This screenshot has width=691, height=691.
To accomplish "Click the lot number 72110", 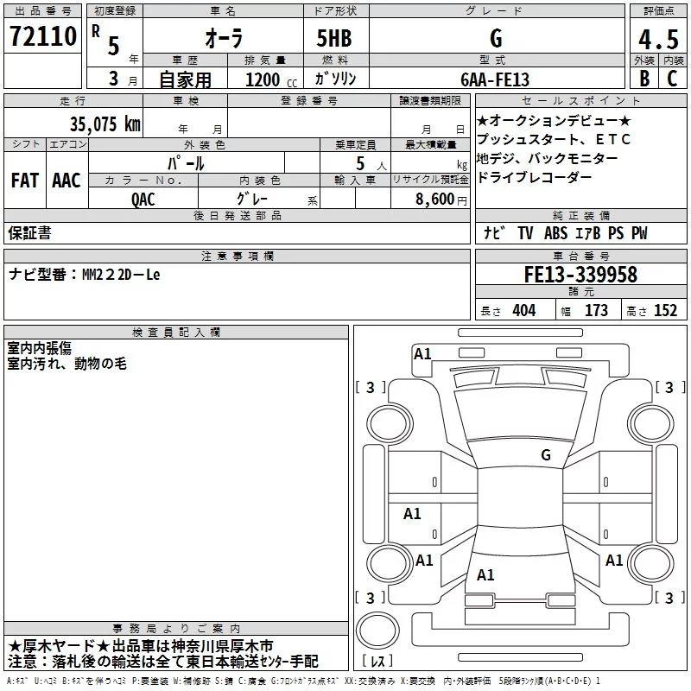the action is click(x=43, y=37).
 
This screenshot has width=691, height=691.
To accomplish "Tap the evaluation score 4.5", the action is click(x=656, y=40).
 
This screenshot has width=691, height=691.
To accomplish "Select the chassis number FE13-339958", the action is click(x=580, y=275).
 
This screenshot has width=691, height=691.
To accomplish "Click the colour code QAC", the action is click(x=143, y=199).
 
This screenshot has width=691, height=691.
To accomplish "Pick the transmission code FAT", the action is click(x=25, y=180).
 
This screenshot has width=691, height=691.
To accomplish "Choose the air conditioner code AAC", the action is click(x=67, y=180).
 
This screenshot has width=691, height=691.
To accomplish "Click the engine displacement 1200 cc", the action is click(x=263, y=79).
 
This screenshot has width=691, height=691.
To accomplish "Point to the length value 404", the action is click(x=523, y=311).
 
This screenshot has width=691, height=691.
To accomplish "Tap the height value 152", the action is click(x=665, y=311).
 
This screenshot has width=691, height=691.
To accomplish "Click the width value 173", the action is click(x=596, y=311).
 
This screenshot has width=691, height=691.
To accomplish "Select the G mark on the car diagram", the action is click(x=545, y=455).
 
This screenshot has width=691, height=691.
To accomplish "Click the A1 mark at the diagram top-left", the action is click(x=422, y=353).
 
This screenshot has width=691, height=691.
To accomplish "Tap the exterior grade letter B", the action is click(x=643, y=79).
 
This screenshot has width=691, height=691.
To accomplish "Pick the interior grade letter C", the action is click(x=672, y=79).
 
